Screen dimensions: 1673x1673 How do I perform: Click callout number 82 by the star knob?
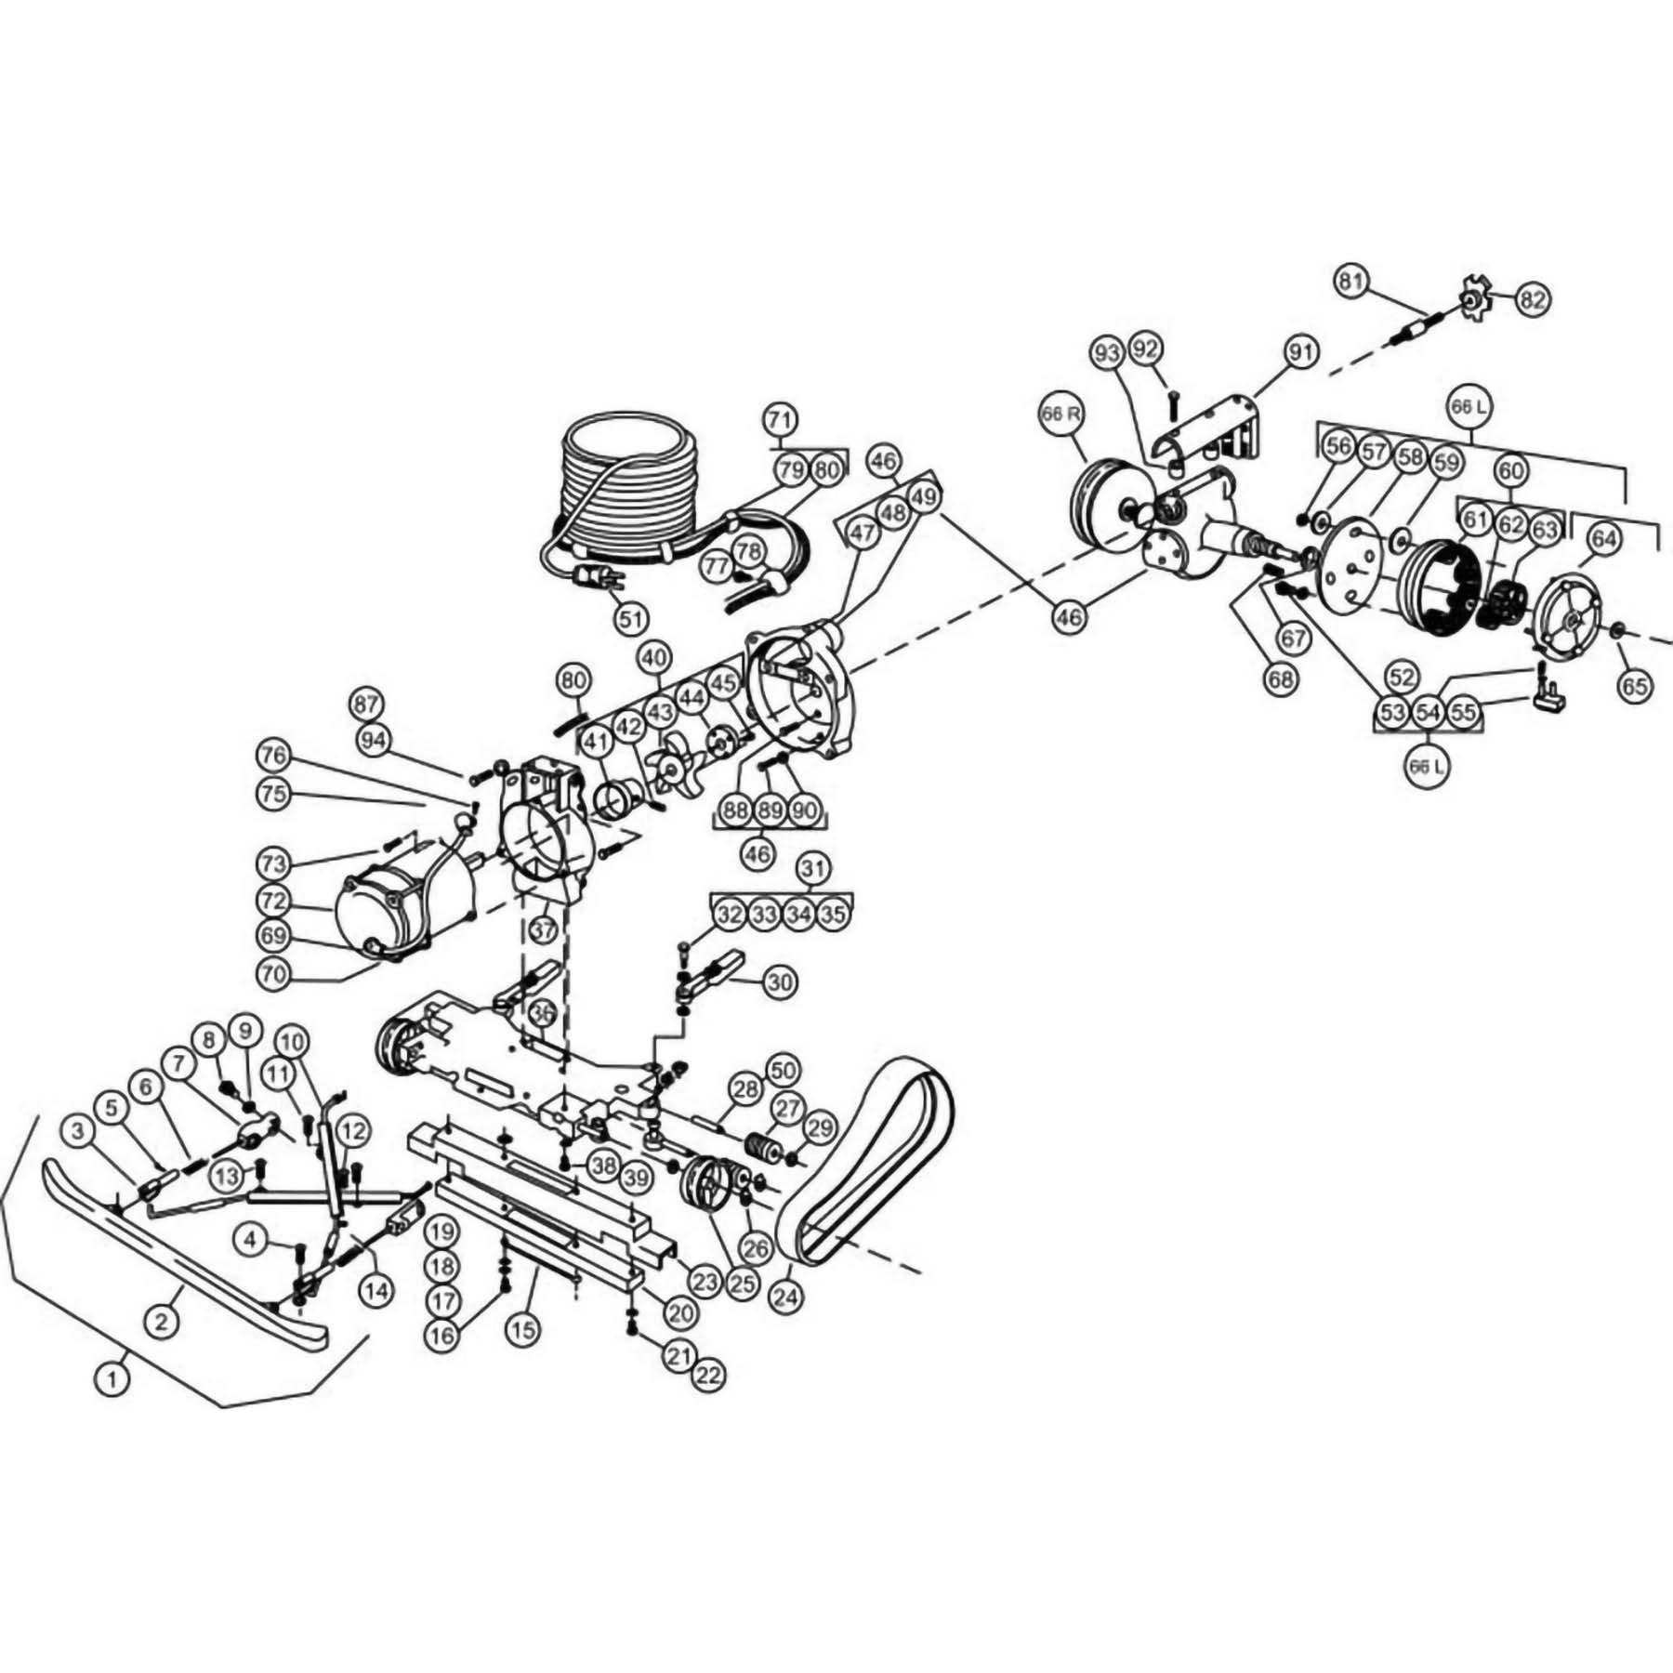click(x=1533, y=299)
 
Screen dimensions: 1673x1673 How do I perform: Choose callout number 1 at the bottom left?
click(x=112, y=1404)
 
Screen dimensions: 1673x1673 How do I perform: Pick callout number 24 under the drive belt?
click(x=786, y=1297)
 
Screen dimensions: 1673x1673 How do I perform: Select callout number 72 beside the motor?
click(x=274, y=902)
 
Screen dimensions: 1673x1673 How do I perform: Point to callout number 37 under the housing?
click(x=544, y=929)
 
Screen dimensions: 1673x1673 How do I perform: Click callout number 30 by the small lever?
click(x=781, y=981)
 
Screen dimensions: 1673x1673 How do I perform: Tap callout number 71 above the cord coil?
click(x=782, y=419)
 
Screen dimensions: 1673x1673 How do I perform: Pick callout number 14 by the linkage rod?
click(x=377, y=1290)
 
